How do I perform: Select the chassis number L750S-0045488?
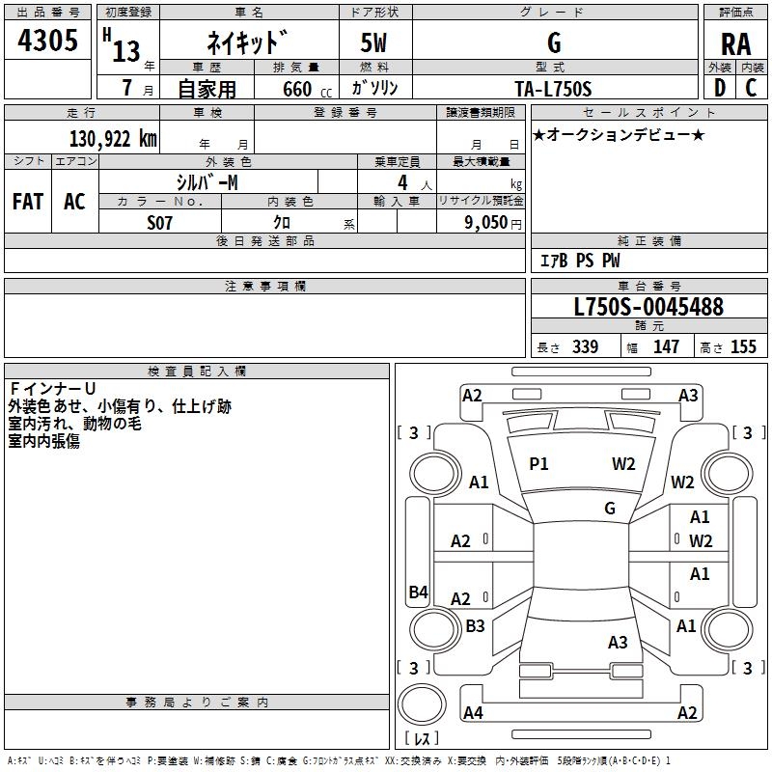[x=648, y=308]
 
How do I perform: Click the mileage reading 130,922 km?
[x=113, y=139]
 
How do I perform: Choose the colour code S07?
[x=159, y=223]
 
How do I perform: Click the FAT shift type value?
[x=28, y=202]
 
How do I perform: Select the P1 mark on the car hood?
[x=538, y=464]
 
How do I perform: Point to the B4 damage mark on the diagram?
[x=418, y=593]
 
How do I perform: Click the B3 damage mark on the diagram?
[x=475, y=626]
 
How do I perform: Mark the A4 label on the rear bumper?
[x=473, y=713]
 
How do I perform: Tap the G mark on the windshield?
[x=610, y=508]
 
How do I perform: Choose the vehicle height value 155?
[x=743, y=347]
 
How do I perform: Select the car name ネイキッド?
[x=246, y=43]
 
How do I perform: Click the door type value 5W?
[x=374, y=43]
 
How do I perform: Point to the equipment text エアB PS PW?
[x=579, y=261]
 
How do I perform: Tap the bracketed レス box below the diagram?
[x=421, y=739]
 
